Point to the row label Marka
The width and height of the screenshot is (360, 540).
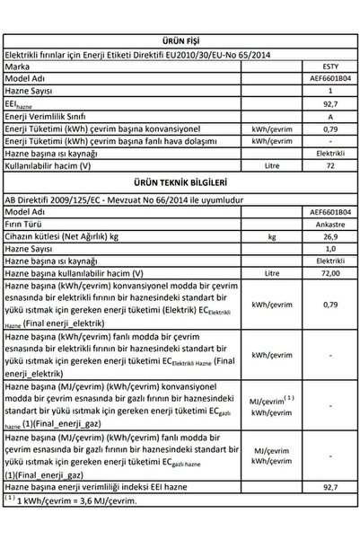18,66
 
